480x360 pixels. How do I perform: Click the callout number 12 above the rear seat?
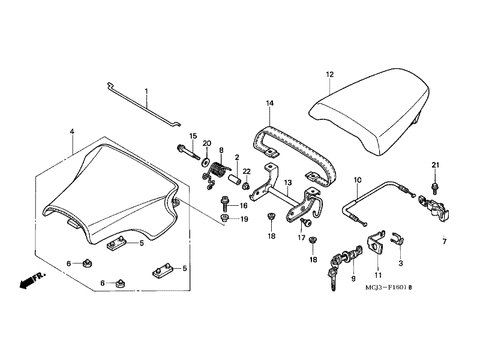click(x=329, y=74)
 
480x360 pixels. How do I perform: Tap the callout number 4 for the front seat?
click(x=72, y=131)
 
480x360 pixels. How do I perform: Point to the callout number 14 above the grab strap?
click(x=270, y=104)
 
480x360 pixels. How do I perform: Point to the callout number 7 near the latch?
click(x=445, y=242)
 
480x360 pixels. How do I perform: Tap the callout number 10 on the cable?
click(x=358, y=179)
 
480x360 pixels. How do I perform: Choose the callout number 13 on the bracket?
click(x=288, y=182)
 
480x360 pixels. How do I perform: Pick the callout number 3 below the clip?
click(x=400, y=263)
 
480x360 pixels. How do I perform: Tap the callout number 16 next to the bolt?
click(x=244, y=205)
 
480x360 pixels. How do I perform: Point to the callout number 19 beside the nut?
click(x=244, y=219)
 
